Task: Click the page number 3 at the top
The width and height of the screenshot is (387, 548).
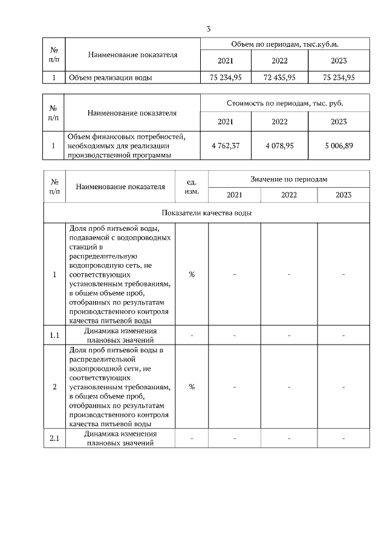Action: pyautogui.click(x=208, y=28)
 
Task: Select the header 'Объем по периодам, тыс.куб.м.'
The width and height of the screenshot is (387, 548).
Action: pyautogui.click(x=284, y=45)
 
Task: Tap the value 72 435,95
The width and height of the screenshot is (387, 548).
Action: pyautogui.click(x=279, y=78)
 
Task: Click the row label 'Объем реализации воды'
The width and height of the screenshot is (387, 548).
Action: pyautogui.click(x=110, y=78)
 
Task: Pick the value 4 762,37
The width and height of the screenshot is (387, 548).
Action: pyautogui.click(x=226, y=146)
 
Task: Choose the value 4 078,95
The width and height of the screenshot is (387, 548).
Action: pyautogui.click(x=279, y=146)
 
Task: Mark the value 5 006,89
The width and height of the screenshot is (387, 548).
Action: pyautogui.click(x=339, y=146)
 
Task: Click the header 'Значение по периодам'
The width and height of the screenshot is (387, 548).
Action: pyautogui.click(x=288, y=180)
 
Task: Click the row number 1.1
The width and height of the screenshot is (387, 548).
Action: pyautogui.click(x=54, y=335)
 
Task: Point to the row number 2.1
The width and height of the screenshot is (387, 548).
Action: pyautogui.click(x=54, y=438)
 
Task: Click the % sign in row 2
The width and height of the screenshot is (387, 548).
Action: pyautogui.click(x=191, y=387)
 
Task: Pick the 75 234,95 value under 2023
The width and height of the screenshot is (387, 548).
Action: pyautogui.click(x=339, y=78)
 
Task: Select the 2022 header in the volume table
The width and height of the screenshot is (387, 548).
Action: pyautogui.click(x=279, y=61)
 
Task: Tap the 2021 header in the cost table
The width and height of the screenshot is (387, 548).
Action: pyautogui.click(x=226, y=122)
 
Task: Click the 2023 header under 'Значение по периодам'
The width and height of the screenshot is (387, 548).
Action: pyautogui.click(x=343, y=195)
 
